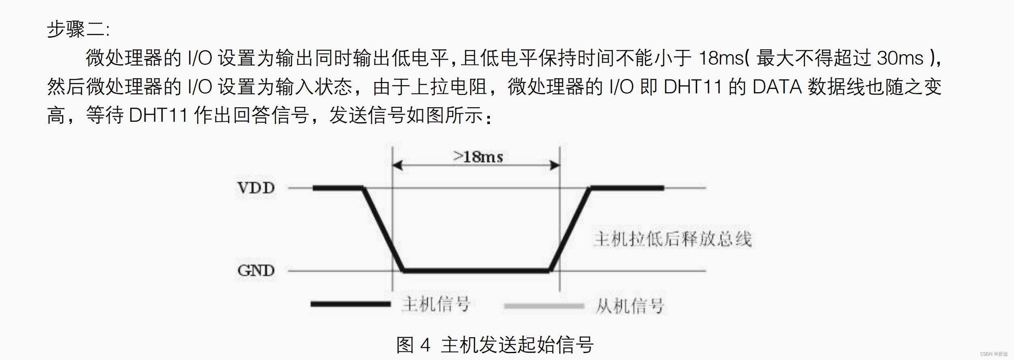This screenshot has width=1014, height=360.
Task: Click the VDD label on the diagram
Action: coord(256,188)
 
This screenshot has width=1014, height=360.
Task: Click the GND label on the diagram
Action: coord(256,270)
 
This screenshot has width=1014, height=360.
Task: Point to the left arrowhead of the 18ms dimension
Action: coord(397,165)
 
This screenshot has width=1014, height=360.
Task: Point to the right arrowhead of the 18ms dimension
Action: coord(555,165)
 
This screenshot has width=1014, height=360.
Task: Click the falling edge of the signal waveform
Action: coord(383,229)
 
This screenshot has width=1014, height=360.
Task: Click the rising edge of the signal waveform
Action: coord(570,229)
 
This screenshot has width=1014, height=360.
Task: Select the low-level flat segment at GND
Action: coord(476,270)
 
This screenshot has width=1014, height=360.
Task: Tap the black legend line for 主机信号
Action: coord(350,304)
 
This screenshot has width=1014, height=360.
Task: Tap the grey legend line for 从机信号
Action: coord(544,306)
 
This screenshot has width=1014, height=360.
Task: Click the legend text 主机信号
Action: coord(436,304)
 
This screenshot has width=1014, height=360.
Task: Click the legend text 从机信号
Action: coord(629,306)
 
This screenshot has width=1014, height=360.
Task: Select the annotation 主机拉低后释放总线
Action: coord(672,239)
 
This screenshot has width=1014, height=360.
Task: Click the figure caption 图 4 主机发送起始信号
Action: coord(495,345)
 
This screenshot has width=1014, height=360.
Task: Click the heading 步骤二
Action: coord(78,29)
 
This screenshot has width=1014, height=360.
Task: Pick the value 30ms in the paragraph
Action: coord(900,58)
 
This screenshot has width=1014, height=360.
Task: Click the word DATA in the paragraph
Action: coord(777,87)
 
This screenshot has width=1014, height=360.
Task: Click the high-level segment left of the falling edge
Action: coord(338,188)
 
